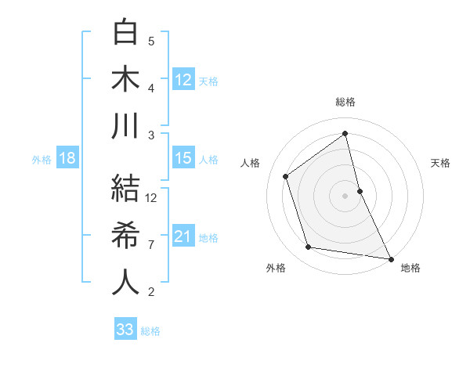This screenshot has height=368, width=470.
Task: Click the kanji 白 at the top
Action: pos(125,33)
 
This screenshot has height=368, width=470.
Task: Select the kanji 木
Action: pos(125,79)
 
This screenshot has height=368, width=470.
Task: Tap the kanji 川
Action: pos(125,126)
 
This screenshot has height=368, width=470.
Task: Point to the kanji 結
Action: pos(125,189)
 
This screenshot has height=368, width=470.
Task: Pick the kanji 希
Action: pos(125,236)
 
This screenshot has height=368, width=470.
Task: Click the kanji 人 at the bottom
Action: pos(125,282)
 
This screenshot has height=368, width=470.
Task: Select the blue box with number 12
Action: pos(183,79)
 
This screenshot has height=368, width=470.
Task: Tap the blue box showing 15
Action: pos(183,158)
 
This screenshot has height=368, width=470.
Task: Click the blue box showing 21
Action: pos(183,236)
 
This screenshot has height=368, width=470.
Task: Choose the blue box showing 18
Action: pos(67,158)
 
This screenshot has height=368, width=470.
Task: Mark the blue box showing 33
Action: pos(125,330)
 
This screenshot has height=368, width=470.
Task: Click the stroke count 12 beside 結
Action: pos(152,198)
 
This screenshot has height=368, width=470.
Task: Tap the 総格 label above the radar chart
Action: pos(345,102)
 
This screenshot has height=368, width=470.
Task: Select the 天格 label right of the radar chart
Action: pos(441,163)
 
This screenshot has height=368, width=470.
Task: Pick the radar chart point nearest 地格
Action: pos(389,258)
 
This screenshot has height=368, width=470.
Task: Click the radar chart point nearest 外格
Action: pos(309,247)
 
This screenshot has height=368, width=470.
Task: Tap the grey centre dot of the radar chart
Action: pos(345,195)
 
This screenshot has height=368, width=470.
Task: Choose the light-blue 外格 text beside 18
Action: pos(42,159)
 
